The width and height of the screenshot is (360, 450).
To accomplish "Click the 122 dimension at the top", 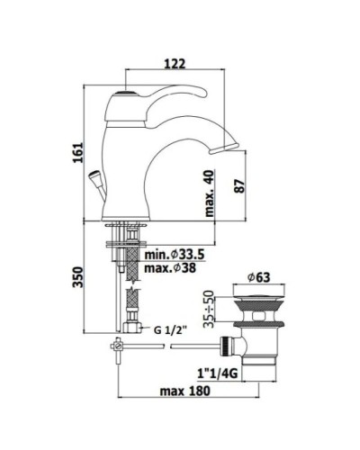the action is pyautogui.click(x=175, y=64).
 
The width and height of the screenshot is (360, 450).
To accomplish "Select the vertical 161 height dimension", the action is pyautogui.click(x=78, y=153).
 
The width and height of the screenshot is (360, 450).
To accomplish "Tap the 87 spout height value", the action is pyautogui.click(x=239, y=186).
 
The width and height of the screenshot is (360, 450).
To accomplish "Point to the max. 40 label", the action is pyautogui.click(x=210, y=193).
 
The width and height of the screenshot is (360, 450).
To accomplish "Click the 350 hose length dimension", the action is pyautogui.click(x=77, y=277).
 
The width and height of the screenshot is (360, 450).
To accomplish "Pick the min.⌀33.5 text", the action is pyautogui.click(x=175, y=255).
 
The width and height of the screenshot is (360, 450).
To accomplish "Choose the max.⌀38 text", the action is pyautogui.click(x=170, y=268).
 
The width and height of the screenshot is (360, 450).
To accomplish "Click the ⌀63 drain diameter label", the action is pyautogui.click(x=258, y=277).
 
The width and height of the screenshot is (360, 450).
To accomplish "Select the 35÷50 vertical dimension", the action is pyautogui.click(x=210, y=309).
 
